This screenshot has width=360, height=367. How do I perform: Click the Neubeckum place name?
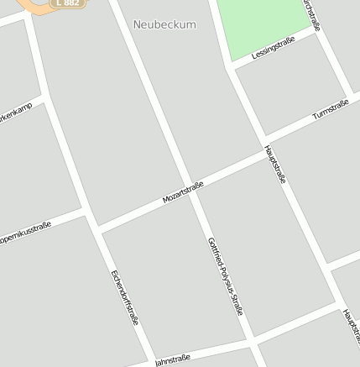click(x=164, y=25)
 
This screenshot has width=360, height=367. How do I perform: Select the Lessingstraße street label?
click(x=274, y=47)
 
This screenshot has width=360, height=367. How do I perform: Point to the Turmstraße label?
click(x=330, y=110)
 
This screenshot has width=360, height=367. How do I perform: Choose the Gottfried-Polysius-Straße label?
click(x=225, y=276)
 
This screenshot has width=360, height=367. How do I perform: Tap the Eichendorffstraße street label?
click(x=124, y=297)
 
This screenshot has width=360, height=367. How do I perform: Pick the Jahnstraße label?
click(x=172, y=360)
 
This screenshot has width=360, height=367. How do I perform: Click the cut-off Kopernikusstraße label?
click(x=25, y=232)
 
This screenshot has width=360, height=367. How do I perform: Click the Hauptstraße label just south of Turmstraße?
click(x=275, y=164)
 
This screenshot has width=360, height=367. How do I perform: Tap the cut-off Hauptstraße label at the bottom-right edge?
click(x=350, y=325)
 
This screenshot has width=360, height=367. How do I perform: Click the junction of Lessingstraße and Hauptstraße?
click(x=230, y=67)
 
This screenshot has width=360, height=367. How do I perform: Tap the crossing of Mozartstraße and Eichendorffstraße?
click(x=94, y=228)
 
